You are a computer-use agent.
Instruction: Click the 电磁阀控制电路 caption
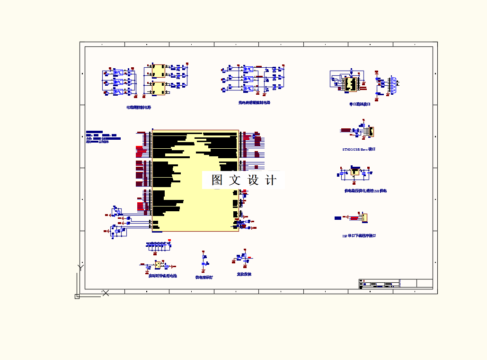pyautogui.click(x=139, y=108)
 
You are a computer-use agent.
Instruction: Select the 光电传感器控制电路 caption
pyautogui.click(x=254, y=102)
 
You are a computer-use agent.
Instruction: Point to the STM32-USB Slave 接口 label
pyautogui.click(x=359, y=149)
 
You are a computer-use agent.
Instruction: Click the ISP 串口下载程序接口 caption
pyautogui.click(x=359, y=235)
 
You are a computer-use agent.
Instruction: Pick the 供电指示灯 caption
pyautogui.click(x=204, y=277)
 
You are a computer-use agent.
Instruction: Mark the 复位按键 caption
pyautogui.click(x=244, y=274)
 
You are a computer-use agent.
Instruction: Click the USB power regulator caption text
pyautogui.click(x=365, y=191)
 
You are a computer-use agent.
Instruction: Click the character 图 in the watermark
pyautogui.click(x=217, y=180)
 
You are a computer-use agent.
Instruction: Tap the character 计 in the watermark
pyautogui.click(x=271, y=180)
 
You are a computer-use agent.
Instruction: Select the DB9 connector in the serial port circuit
pyautogui.click(x=392, y=86)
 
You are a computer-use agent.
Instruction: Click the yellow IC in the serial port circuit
pyautogui.click(x=351, y=83)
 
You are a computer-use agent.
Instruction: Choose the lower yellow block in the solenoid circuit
pyautogui.click(x=159, y=88)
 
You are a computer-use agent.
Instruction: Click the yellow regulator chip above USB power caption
pyautogui.click(x=354, y=172)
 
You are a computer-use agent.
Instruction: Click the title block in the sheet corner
pyautogui.click(x=396, y=283)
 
